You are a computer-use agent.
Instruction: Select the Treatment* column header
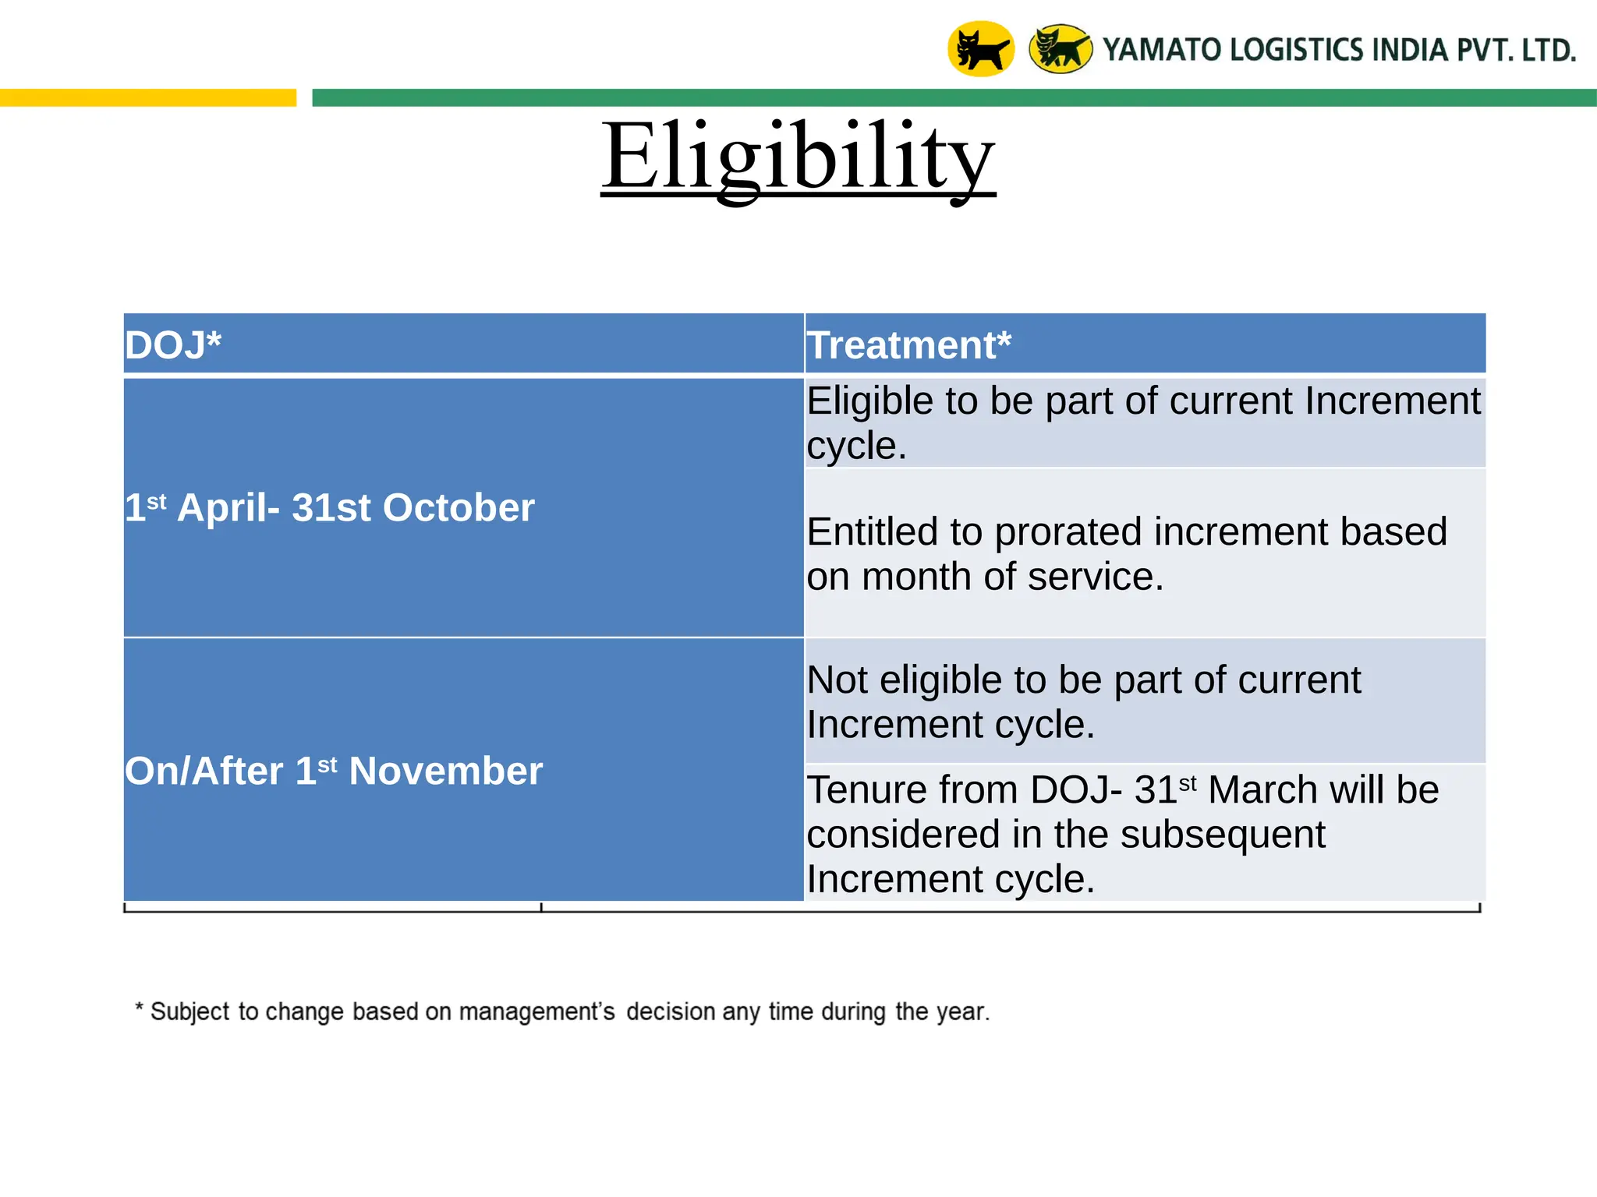tap(908, 345)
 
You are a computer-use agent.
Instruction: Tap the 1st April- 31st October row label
tap(330, 508)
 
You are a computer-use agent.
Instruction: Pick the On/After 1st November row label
tap(334, 772)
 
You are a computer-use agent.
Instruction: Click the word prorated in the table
tap(1069, 532)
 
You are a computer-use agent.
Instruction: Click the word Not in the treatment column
tap(837, 680)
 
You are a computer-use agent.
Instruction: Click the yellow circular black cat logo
tap(980, 49)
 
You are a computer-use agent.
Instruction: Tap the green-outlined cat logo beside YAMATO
tap(1061, 49)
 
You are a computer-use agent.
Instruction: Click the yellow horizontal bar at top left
tap(148, 97)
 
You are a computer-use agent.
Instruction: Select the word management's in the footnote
tap(536, 1012)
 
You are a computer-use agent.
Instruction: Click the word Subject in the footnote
tap(191, 1012)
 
